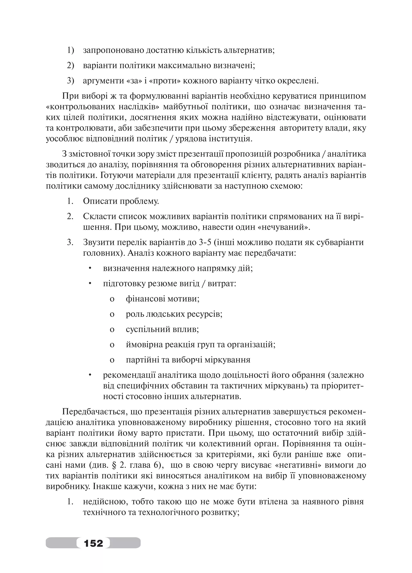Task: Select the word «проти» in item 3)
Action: (165, 81)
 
